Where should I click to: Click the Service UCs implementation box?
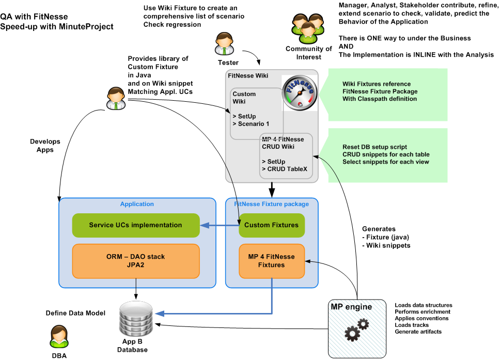135,225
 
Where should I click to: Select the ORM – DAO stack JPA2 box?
135,260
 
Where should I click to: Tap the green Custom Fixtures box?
271,225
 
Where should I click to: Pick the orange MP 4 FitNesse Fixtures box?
271,261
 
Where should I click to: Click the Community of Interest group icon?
308,28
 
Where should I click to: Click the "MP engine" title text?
351,307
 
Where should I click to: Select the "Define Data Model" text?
75,313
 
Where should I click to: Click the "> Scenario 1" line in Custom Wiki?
251,123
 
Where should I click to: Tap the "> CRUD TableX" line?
285,169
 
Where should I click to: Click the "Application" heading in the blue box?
136,204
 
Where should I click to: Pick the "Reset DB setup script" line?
373,146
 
